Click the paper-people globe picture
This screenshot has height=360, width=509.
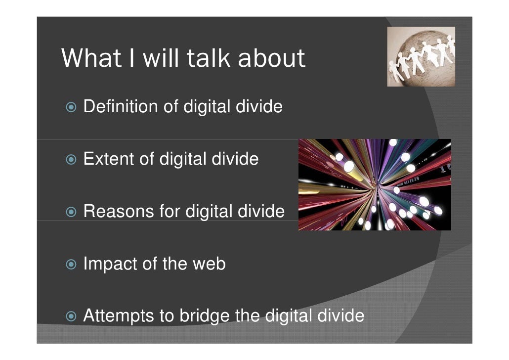pos(421,56)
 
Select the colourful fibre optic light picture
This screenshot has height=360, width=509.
pos(375,184)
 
